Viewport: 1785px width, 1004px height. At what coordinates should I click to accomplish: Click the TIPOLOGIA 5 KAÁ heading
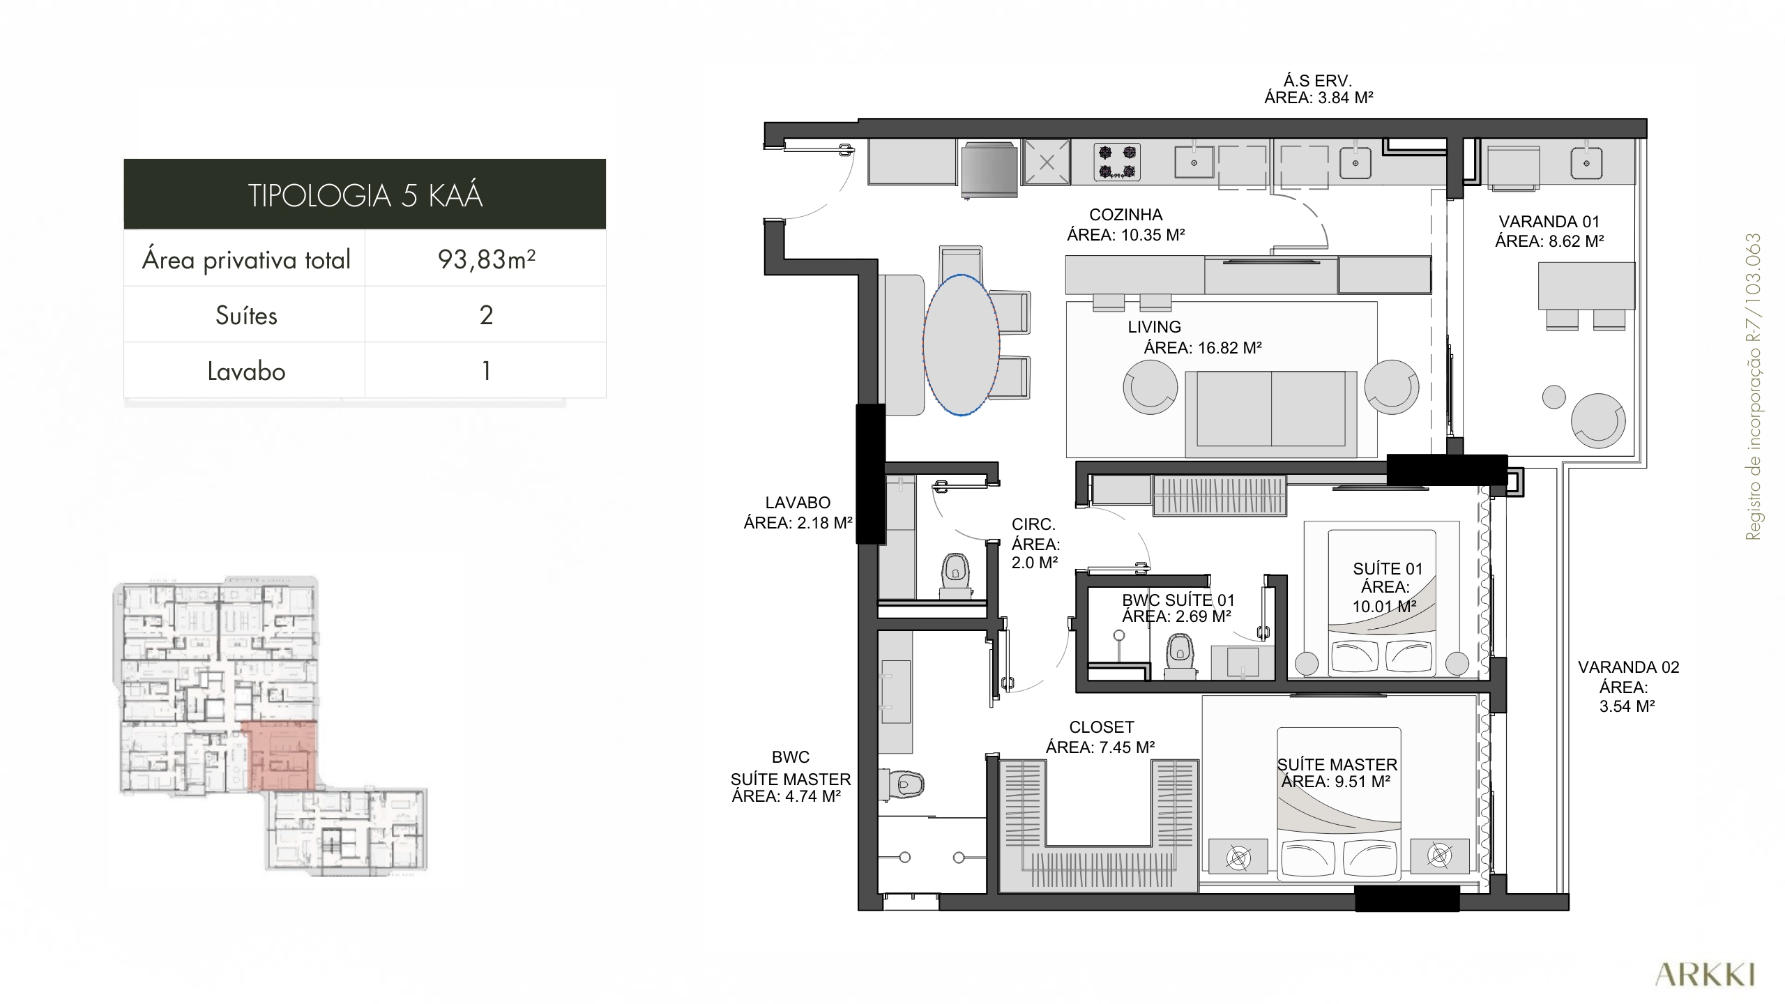pyautogui.click(x=365, y=195)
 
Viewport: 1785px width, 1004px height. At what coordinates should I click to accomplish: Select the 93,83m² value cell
pyautogui.click(x=486, y=259)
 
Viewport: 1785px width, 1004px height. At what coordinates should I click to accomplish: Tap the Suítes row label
pyautogui.click(x=246, y=315)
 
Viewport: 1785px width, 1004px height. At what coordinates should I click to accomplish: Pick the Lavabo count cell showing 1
pyautogui.click(x=486, y=370)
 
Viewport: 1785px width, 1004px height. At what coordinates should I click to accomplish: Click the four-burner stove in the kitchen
pyautogui.click(x=1117, y=162)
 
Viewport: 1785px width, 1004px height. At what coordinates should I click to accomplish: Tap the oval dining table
pyautogui.click(x=962, y=345)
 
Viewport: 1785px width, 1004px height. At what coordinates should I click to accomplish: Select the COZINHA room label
pyautogui.click(x=1126, y=215)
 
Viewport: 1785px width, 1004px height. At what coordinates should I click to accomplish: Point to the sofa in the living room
pyautogui.click(x=1271, y=409)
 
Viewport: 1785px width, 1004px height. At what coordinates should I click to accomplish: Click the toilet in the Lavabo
pyautogui.click(x=955, y=576)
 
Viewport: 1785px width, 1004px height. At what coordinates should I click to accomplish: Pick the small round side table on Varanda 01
pyautogui.click(x=1554, y=397)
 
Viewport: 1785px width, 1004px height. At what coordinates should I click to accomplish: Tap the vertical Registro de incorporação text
pyautogui.click(x=1753, y=386)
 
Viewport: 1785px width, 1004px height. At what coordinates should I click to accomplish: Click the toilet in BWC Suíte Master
pyautogui.click(x=902, y=784)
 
